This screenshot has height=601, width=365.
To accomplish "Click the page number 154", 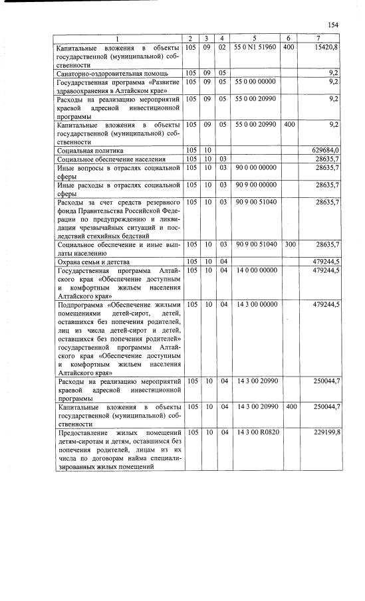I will tap(333, 25).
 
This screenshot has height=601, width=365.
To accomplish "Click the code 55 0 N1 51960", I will tap(255, 48).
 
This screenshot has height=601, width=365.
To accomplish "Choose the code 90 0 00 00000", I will tap(255, 169).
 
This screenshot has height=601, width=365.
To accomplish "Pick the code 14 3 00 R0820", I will tap(255, 432).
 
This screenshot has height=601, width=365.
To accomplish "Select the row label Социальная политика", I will tap(90, 151).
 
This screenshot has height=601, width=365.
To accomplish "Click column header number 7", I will tap(321, 39).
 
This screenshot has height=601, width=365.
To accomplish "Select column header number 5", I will tap(255, 39).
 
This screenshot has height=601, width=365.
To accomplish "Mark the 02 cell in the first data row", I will tap(223, 48).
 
